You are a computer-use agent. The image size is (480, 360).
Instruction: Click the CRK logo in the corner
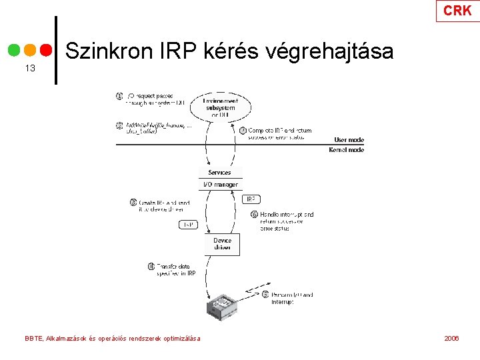pos(457,11)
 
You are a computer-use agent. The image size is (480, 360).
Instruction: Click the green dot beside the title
pos(14,51)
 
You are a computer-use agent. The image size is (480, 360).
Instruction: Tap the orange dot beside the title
pos(30,51)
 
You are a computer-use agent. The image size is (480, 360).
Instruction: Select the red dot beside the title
pos(46,51)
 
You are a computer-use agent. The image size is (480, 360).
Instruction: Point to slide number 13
pos(29,69)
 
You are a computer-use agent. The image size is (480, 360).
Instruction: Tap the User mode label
pos(349,140)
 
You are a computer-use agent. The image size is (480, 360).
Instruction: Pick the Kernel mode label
pos(347,150)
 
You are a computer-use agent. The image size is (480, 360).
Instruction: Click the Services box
pos(219,173)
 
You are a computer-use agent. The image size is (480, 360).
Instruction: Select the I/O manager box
pos(219,185)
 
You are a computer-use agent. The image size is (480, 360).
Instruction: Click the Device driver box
pos(222,244)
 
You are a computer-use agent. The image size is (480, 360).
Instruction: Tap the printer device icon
pos(221,305)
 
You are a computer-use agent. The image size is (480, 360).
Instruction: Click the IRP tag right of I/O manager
pos(251,199)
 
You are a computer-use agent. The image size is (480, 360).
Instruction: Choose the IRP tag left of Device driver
pos(189,225)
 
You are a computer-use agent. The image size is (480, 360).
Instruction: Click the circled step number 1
pos(119,96)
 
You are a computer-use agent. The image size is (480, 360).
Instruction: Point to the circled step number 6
pos(254,215)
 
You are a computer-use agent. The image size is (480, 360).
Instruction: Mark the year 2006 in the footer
pos(451,339)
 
